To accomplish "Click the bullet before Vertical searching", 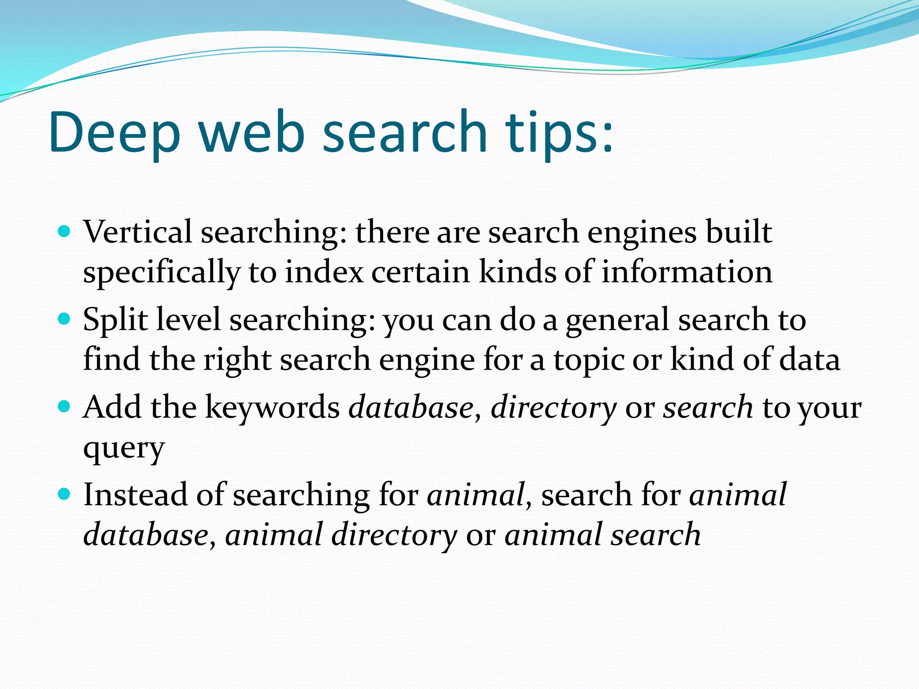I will coord(65,231).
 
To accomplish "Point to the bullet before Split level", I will coord(65,319).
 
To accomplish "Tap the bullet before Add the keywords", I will coord(65,407).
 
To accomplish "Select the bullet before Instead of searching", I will coord(65,494).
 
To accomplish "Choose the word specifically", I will coord(162,272).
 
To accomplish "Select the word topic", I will coord(588,360).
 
